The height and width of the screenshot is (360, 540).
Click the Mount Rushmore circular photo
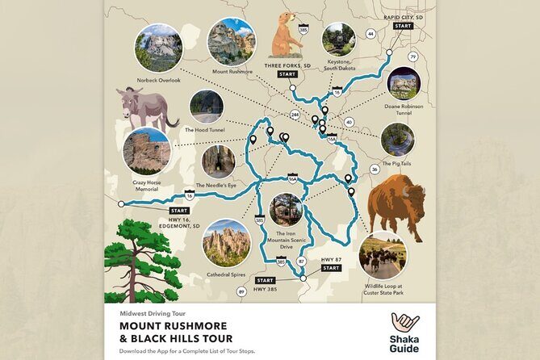(x=231, y=42)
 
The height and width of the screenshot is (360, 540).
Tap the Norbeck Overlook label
(x=158, y=80)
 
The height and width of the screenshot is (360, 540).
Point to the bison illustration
(x=396, y=209)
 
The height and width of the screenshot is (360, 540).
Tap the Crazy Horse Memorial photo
(x=146, y=151)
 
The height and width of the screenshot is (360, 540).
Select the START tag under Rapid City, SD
(x=403, y=26)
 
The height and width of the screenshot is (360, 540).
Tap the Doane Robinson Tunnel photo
(x=402, y=83)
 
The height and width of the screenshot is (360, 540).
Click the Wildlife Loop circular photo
(x=383, y=255)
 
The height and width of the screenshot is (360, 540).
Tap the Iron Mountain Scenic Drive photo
(x=286, y=210)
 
